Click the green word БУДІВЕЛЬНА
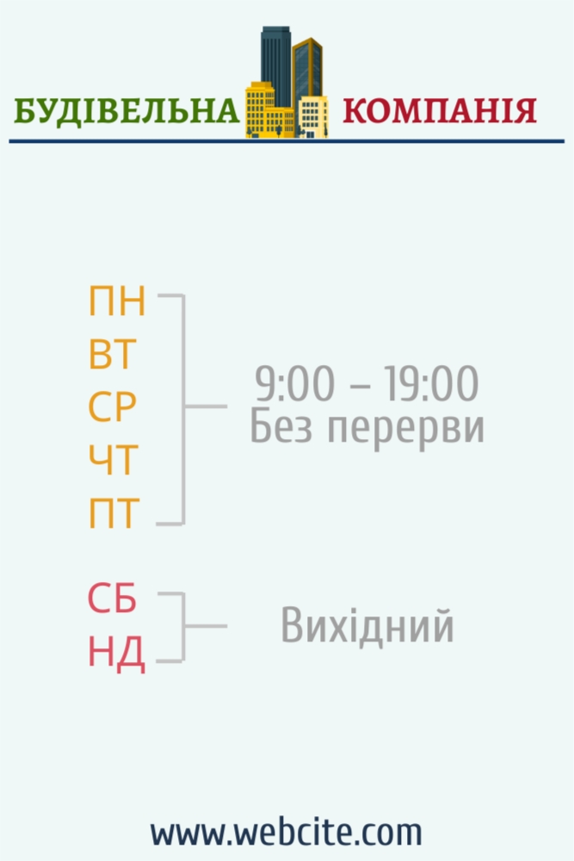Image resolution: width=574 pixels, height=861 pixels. coord(127,110)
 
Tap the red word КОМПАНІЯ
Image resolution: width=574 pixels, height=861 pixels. coord(440,110)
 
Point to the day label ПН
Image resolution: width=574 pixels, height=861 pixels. coord(117,300)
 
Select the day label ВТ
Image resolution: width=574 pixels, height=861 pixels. coord(112,354)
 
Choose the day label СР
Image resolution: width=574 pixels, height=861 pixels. coord(112,407)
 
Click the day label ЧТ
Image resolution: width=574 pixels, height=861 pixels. coord(112,460)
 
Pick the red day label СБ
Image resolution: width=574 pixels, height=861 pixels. coord(112,598)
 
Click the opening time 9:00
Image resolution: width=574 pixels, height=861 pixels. coord(294,383)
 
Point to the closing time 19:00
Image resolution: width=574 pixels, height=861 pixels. coord(431,383)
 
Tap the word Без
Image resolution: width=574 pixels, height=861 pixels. coord(281,427)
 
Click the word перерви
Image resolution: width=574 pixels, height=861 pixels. coord(406,429)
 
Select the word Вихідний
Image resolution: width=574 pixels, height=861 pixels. coord(367,625)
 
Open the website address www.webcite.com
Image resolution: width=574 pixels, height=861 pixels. coord(287,832)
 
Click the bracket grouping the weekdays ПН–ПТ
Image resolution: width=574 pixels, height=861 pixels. coord(183,409)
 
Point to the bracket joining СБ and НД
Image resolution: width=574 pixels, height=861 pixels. coord(183,627)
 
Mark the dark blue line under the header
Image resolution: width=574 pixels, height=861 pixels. coord(287,141)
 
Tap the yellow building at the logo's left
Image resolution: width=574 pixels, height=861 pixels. coord(260,109)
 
